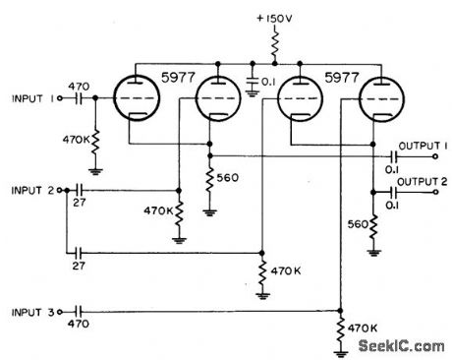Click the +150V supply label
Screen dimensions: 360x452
(274, 17)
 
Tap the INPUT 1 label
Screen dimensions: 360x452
(34, 98)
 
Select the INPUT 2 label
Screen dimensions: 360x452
(32, 188)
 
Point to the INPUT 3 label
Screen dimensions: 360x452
(34, 311)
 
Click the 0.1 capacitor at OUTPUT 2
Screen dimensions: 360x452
(393, 191)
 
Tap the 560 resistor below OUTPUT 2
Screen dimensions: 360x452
(373, 225)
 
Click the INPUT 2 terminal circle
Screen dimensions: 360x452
(61, 188)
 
